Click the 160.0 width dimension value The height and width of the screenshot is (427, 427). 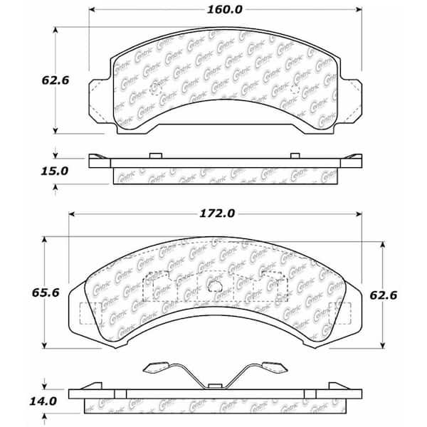[x=224, y=10]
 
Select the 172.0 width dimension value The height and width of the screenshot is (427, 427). [x=217, y=213]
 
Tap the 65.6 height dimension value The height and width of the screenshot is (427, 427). [x=46, y=292]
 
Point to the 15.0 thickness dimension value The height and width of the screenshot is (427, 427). [x=55, y=172]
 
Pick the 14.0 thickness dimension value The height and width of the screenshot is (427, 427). [x=43, y=401]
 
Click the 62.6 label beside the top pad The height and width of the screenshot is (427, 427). [x=56, y=80]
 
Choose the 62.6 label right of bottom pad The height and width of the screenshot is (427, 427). [x=384, y=295]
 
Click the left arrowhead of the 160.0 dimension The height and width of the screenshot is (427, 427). [x=92, y=10]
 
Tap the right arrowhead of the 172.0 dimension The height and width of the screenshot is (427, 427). [x=359, y=214]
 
